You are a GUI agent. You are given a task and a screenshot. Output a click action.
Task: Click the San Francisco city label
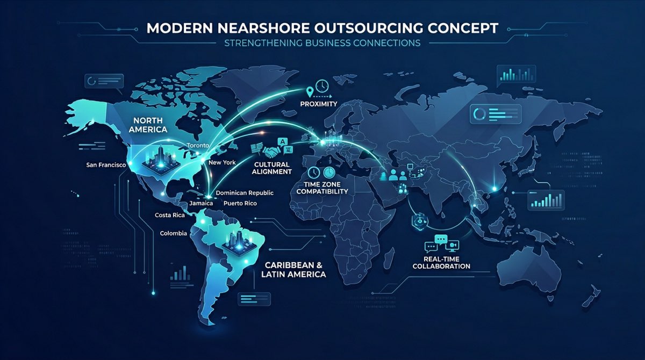[105, 164]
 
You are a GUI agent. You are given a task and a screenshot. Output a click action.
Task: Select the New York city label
[221, 162]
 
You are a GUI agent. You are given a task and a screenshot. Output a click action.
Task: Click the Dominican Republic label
[245, 192]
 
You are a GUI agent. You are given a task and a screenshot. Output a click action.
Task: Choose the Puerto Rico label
[240, 204]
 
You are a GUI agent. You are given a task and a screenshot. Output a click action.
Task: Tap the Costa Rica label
[169, 215]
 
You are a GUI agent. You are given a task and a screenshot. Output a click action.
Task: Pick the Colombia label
[174, 233]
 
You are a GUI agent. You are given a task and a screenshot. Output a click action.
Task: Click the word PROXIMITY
[319, 103]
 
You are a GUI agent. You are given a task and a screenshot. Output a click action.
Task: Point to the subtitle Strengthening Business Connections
[322, 43]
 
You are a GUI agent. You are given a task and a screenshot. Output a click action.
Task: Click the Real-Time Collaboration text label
[447, 262]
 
